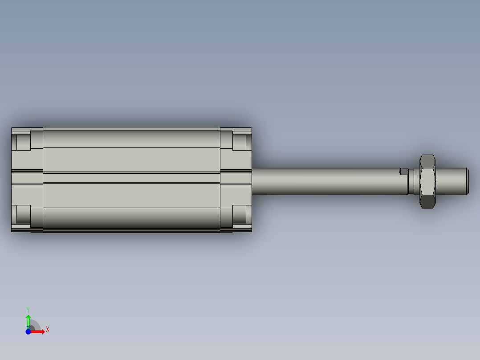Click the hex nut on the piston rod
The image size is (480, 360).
point(427,181)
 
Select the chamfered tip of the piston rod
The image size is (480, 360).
point(467,181)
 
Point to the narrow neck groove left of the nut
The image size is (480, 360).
point(411,181)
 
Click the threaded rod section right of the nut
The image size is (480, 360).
point(450,181)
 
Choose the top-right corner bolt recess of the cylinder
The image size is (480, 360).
point(239,141)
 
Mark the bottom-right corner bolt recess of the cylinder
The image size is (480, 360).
point(239,214)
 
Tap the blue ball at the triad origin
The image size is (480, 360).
point(28,331)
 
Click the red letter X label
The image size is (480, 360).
point(47,330)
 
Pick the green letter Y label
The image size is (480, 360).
point(28,309)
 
